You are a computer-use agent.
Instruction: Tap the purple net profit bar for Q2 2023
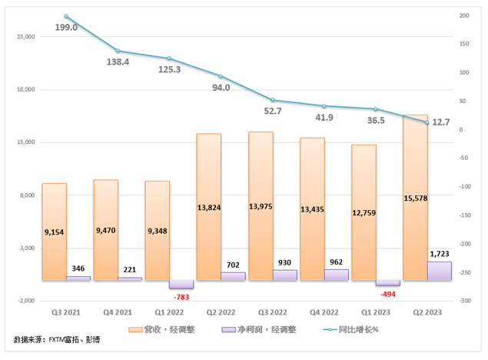(440, 271)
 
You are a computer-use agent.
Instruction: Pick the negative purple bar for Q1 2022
(182, 284)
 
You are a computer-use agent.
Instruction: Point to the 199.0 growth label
(67, 28)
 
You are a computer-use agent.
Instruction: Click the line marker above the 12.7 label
(427, 122)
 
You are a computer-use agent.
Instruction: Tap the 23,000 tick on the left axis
(26, 37)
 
